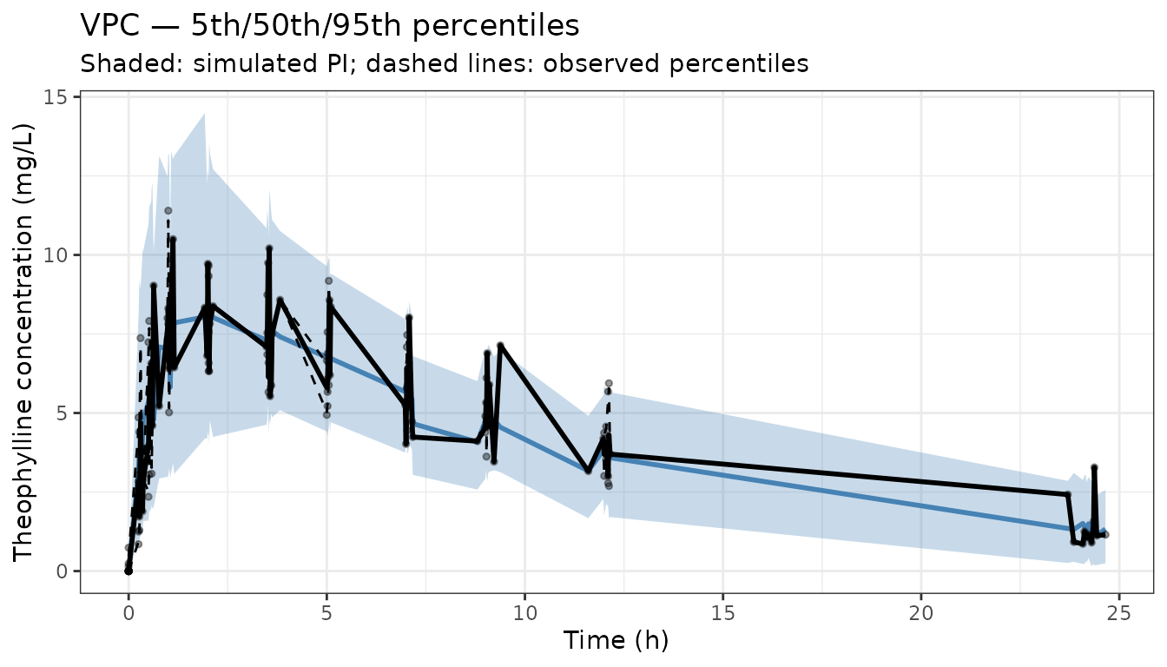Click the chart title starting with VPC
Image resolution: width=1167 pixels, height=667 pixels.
click(x=329, y=26)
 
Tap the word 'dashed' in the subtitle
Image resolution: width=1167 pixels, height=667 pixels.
click(x=405, y=63)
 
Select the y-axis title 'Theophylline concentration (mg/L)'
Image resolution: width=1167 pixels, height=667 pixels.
click(x=23, y=343)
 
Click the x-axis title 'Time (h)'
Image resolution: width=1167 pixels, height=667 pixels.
click(x=616, y=640)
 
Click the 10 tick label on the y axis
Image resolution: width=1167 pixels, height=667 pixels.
click(x=56, y=255)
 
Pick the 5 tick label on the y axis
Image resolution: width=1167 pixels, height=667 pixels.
click(x=63, y=413)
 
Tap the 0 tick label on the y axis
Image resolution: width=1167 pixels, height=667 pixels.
click(x=63, y=571)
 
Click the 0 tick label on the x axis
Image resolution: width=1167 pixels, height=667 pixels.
click(x=129, y=614)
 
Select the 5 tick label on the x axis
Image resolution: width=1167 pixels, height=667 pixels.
click(x=326, y=614)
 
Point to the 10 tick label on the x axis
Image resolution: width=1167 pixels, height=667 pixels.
click(x=524, y=614)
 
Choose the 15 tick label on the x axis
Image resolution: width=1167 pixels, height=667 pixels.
click(x=723, y=614)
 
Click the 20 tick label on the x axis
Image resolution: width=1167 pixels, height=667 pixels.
click(x=921, y=614)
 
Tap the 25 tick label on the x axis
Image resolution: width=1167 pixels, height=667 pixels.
click(x=1119, y=614)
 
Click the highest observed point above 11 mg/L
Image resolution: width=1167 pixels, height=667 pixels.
click(x=168, y=210)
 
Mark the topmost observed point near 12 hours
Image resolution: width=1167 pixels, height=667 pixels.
click(x=609, y=384)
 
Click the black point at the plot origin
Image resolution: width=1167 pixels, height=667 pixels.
click(x=129, y=571)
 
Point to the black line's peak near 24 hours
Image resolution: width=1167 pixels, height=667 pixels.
click(x=1095, y=467)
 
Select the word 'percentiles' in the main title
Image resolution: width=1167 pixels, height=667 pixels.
click(x=496, y=26)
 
